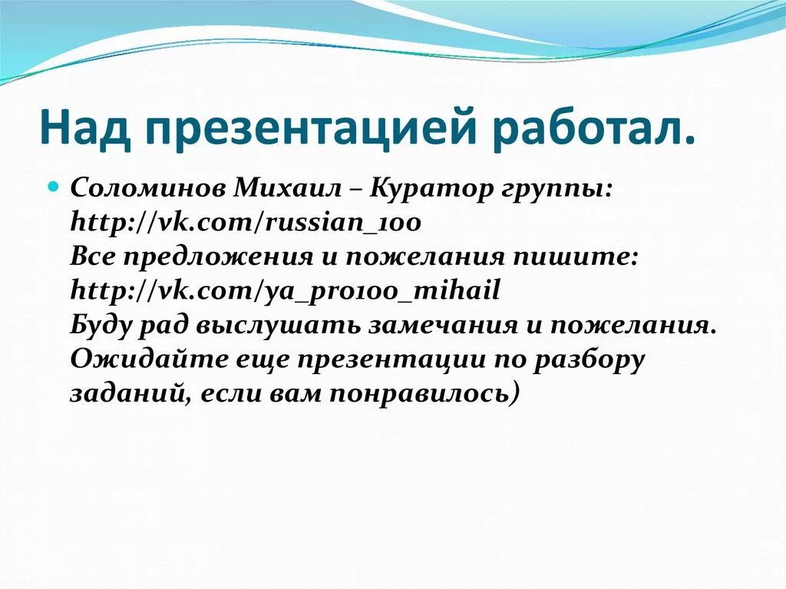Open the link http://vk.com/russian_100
[246, 223]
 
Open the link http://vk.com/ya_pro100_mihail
[286, 292]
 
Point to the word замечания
[433, 325]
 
